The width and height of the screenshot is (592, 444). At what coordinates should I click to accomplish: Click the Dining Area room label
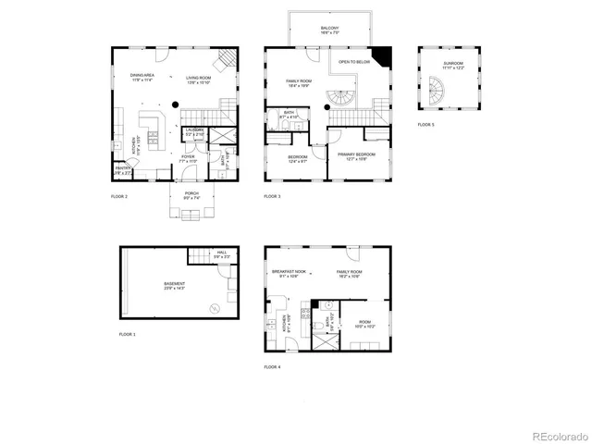[x=142, y=79]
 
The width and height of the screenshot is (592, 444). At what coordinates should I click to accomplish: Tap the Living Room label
[x=198, y=79]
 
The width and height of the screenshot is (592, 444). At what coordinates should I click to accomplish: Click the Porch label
[x=191, y=194]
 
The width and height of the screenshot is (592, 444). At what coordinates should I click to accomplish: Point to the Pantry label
[x=122, y=170]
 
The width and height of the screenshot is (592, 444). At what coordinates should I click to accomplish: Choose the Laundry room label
[x=193, y=131]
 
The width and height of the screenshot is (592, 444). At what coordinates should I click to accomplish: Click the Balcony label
[x=330, y=30]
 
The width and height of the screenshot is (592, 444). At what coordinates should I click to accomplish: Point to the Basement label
[x=175, y=285]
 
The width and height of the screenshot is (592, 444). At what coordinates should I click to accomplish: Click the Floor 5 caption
[x=425, y=124]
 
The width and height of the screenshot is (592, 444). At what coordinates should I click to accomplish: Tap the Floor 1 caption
[x=128, y=333]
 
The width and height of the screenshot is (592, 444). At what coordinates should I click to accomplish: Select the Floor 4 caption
[x=272, y=367]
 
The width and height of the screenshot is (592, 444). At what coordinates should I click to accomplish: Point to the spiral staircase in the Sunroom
[x=436, y=92]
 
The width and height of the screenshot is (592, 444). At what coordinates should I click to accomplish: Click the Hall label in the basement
[x=222, y=254]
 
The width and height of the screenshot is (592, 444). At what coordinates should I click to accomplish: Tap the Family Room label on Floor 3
[x=299, y=83]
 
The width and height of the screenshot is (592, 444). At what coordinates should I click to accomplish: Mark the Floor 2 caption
[x=119, y=197]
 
